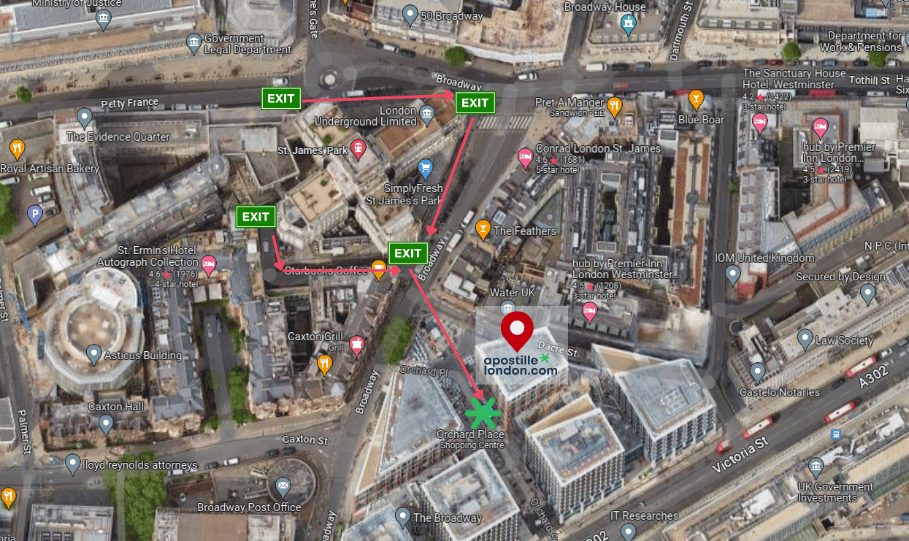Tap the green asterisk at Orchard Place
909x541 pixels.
[483, 413]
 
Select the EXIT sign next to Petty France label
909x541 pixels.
[281, 99]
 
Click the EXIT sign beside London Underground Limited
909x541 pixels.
[475, 103]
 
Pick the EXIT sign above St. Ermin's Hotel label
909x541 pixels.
[256, 217]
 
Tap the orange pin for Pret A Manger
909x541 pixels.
[615, 107]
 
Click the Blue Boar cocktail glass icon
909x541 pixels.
[696, 98]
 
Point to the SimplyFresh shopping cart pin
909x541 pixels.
[426, 169]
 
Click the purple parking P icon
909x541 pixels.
[34, 214]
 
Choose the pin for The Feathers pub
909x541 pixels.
[483, 229]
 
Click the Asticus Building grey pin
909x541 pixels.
[93, 355]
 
